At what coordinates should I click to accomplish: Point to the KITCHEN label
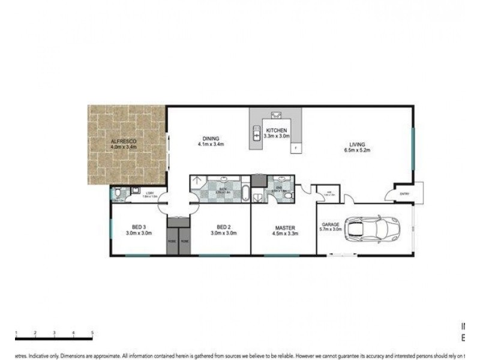click(x=277, y=130)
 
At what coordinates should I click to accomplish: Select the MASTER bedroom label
click(x=283, y=227)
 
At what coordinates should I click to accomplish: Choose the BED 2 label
click(x=223, y=226)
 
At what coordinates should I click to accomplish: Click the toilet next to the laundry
click(x=118, y=193)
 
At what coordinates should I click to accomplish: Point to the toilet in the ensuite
click(x=289, y=196)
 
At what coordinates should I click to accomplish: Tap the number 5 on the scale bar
click(x=92, y=332)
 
